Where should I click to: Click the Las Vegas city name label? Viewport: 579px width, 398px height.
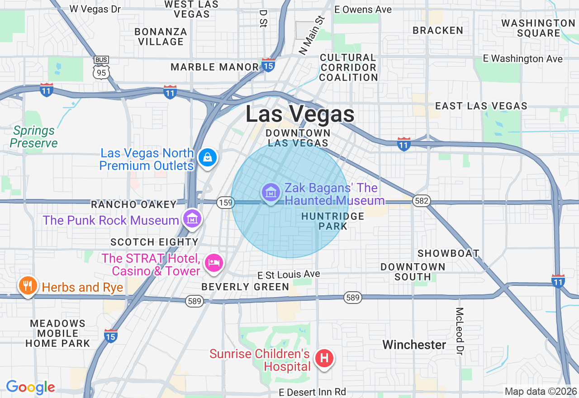pos(300,114)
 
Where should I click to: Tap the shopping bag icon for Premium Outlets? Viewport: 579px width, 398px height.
pos(207,157)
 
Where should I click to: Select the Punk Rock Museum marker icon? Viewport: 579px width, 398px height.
pos(192,219)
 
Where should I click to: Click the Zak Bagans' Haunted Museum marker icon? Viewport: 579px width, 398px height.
pos(271,193)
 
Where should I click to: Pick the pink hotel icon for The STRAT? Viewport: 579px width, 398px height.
pos(214,262)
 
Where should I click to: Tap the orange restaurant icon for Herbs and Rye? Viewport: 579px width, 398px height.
pos(28,285)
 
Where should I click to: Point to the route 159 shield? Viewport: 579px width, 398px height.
pos(225,202)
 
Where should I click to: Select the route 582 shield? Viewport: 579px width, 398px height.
pos(421,201)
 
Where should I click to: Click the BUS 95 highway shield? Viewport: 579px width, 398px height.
pos(101,68)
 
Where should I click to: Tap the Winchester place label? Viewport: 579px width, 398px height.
pos(414,345)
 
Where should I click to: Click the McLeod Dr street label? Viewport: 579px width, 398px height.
pos(460,331)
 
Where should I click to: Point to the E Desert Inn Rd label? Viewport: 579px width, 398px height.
pos(312,392)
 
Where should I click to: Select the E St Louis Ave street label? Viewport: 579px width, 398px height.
pos(289,275)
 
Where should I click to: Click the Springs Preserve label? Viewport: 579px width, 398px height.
pos(34,137)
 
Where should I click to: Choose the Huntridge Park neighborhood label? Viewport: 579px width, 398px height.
pos(332,221)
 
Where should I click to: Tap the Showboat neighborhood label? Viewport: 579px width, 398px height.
pos(448,253)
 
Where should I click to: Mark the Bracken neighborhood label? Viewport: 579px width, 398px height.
pos(438,30)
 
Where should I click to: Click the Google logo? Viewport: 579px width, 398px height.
pos(30,387)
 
